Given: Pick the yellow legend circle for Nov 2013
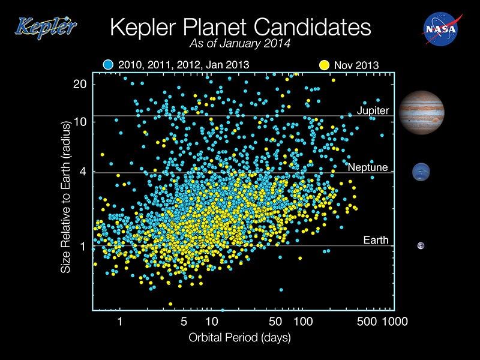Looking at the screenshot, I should (x=325, y=64).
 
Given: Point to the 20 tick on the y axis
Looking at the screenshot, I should (x=80, y=83).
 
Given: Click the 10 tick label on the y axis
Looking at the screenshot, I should (x=80, y=121).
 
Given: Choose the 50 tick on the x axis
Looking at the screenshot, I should (x=276, y=322).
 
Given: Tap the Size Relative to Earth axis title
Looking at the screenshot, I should (x=66, y=197).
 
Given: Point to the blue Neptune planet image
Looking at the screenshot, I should (x=422, y=173).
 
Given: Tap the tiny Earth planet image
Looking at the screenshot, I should (x=422, y=245).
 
